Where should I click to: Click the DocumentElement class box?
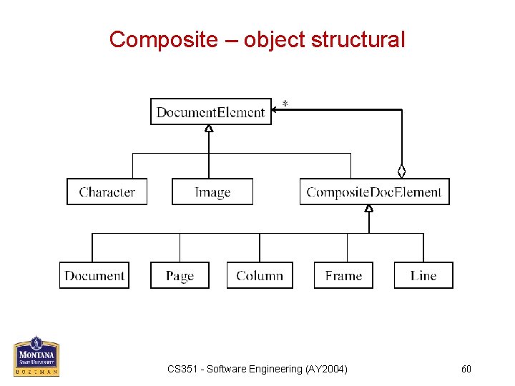click(211, 112)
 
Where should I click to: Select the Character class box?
click(107, 192)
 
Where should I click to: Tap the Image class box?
click(212, 192)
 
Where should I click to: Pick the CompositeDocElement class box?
click(374, 192)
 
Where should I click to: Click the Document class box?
click(94, 275)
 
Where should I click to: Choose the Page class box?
click(180, 275)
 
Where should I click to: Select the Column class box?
click(260, 275)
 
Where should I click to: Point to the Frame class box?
click(343, 275)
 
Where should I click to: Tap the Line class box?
click(423, 275)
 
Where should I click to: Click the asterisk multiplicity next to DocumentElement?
click(285, 104)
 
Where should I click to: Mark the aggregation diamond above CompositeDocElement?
click(402, 171)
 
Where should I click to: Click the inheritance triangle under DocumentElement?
click(209, 129)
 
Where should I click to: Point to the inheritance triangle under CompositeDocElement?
click(369, 209)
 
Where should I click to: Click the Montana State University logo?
click(36, 356)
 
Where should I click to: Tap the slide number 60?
click(466, 369)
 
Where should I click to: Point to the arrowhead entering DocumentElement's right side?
click(275, 110)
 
